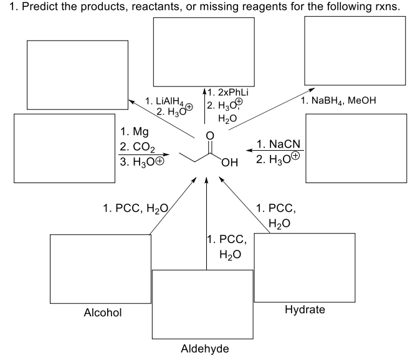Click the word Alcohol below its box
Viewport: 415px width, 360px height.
click(x=103, y=312)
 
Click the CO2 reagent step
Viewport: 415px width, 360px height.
click(x=140, y=146)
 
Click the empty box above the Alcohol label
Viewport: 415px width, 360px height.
click(x=100, y=268)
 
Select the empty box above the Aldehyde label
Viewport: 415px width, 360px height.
click(x=203, y=303)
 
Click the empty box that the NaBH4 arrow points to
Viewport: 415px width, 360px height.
click(x=353, y=48)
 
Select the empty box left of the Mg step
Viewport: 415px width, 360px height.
click(x=64, y=148)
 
